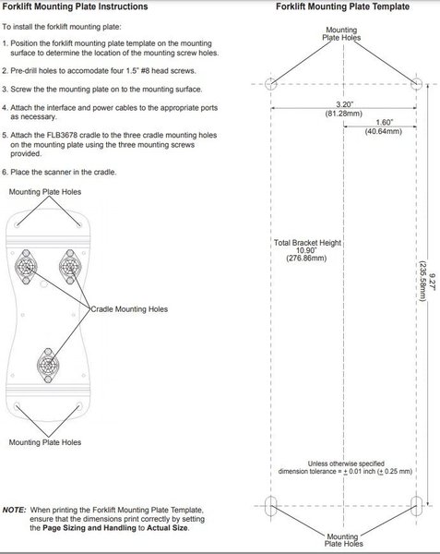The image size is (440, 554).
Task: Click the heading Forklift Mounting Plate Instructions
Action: (x=75, y=6)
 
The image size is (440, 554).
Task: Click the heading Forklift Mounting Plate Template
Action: (x=342, y=6)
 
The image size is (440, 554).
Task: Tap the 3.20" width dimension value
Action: (x=344, y=104)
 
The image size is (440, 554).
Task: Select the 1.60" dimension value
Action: (x=384, y=122)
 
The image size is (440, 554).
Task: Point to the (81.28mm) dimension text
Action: (x=344, y=114)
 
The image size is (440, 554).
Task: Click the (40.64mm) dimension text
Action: (x=383, y=131)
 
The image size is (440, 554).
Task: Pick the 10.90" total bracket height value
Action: (x=306, y=250)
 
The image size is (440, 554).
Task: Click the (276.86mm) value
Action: (x=306, y=259)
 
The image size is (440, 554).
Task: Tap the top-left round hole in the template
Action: (x=271, y=84)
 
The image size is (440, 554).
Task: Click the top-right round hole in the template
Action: (x=417, y=84)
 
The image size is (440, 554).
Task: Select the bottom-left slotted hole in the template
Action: (x=271, y=506)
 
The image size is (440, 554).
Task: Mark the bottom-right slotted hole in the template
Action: (x=417, y=506)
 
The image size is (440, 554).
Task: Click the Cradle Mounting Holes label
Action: (x=129, y=309)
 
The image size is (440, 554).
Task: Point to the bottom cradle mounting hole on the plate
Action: (x=48, y=366)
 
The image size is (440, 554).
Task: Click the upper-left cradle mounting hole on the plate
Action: (x=26, y=267)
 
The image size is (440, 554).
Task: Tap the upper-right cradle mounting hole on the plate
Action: (x=70, y=267)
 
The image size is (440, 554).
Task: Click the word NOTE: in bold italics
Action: (x=15, y=511)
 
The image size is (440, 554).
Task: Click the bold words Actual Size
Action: (x=168, y=528)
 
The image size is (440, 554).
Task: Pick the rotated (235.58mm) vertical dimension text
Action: (x=422, y=282)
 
